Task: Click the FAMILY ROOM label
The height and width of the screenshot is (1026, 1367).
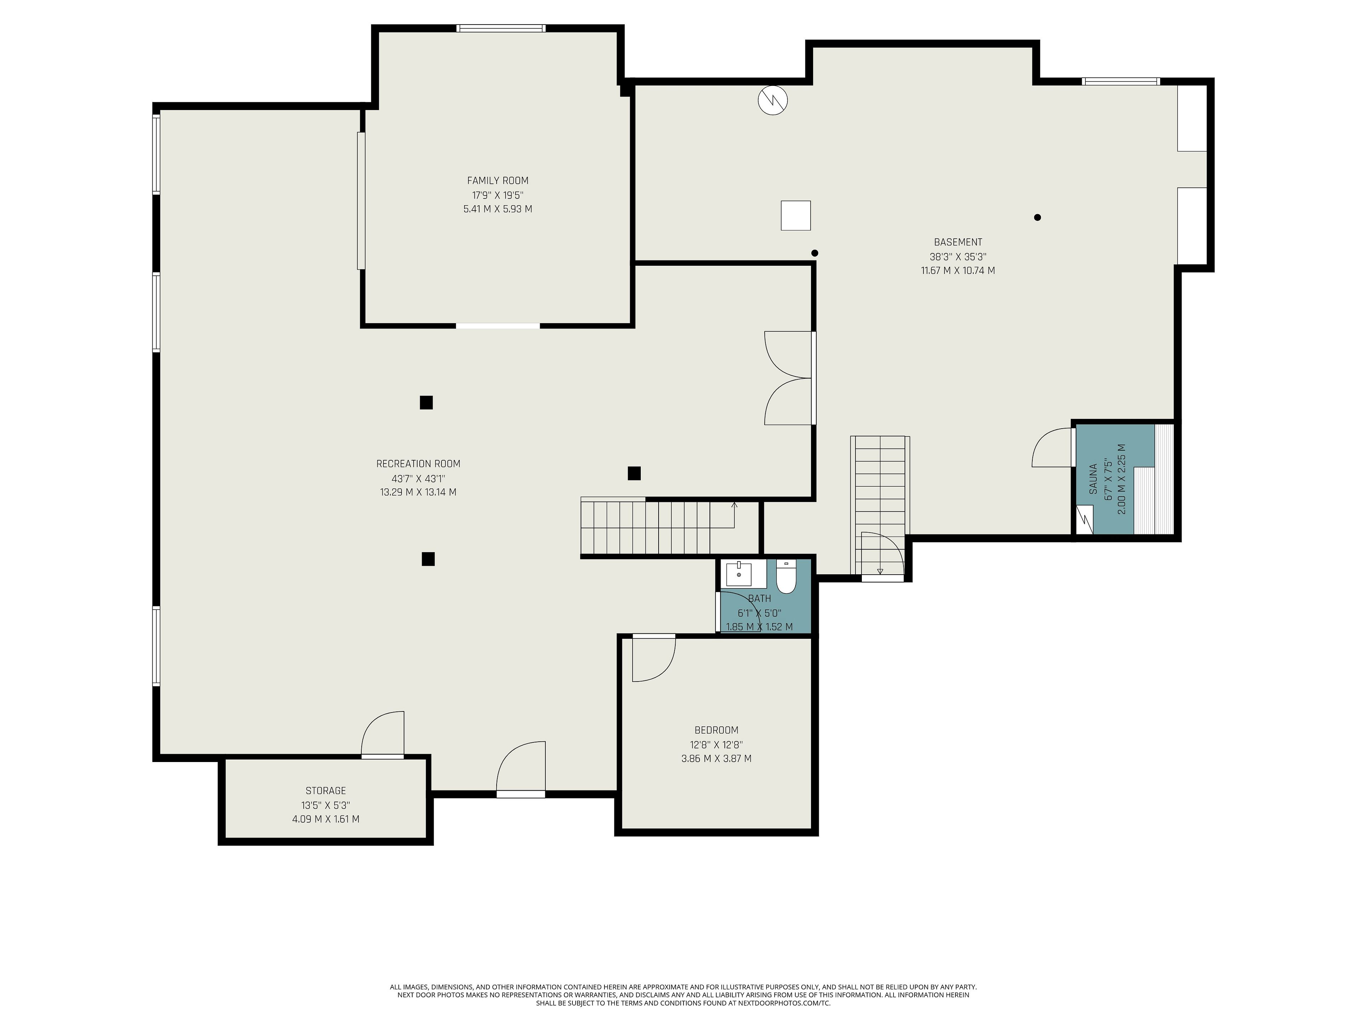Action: [497, 181]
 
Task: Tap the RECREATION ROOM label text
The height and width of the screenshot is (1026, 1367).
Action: [418, 464]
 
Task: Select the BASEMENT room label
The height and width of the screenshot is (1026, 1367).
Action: [958, 243]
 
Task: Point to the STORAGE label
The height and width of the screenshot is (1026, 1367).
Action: [326, 791]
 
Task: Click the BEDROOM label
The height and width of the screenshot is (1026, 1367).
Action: [716, 730]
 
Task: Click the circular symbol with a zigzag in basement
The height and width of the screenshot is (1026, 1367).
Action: [772, 99]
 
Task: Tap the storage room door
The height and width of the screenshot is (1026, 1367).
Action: [383, 735]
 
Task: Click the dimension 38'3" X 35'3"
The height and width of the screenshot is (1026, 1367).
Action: [958, 256]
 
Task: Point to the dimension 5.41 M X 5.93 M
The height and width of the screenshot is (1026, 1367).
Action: [497, 209]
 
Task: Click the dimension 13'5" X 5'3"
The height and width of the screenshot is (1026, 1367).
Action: [326, 805]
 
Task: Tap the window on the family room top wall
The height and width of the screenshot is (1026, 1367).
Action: [501, 28]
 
